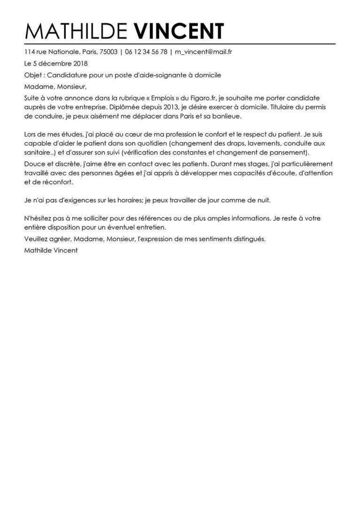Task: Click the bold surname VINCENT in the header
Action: point(179,31)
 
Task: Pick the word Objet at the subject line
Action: point(32,75)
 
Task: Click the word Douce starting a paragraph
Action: point(33,165)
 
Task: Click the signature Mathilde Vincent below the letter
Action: point(50,250)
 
